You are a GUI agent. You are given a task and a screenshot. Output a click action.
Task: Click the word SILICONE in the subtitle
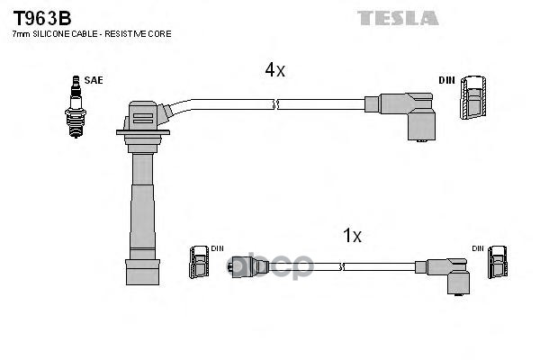(50, 33)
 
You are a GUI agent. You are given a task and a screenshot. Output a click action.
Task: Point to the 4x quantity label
(274, 70)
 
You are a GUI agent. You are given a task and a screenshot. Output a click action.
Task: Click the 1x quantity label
(352, 236)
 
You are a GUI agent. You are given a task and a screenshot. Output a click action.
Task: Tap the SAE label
(94, 80)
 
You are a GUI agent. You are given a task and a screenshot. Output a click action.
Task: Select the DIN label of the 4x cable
(447, 80)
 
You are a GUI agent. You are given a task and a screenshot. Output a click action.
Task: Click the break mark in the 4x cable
(276, 105)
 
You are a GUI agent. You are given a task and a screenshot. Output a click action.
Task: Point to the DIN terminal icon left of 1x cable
(200, 263)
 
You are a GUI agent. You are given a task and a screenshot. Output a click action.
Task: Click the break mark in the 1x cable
(343, 266)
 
